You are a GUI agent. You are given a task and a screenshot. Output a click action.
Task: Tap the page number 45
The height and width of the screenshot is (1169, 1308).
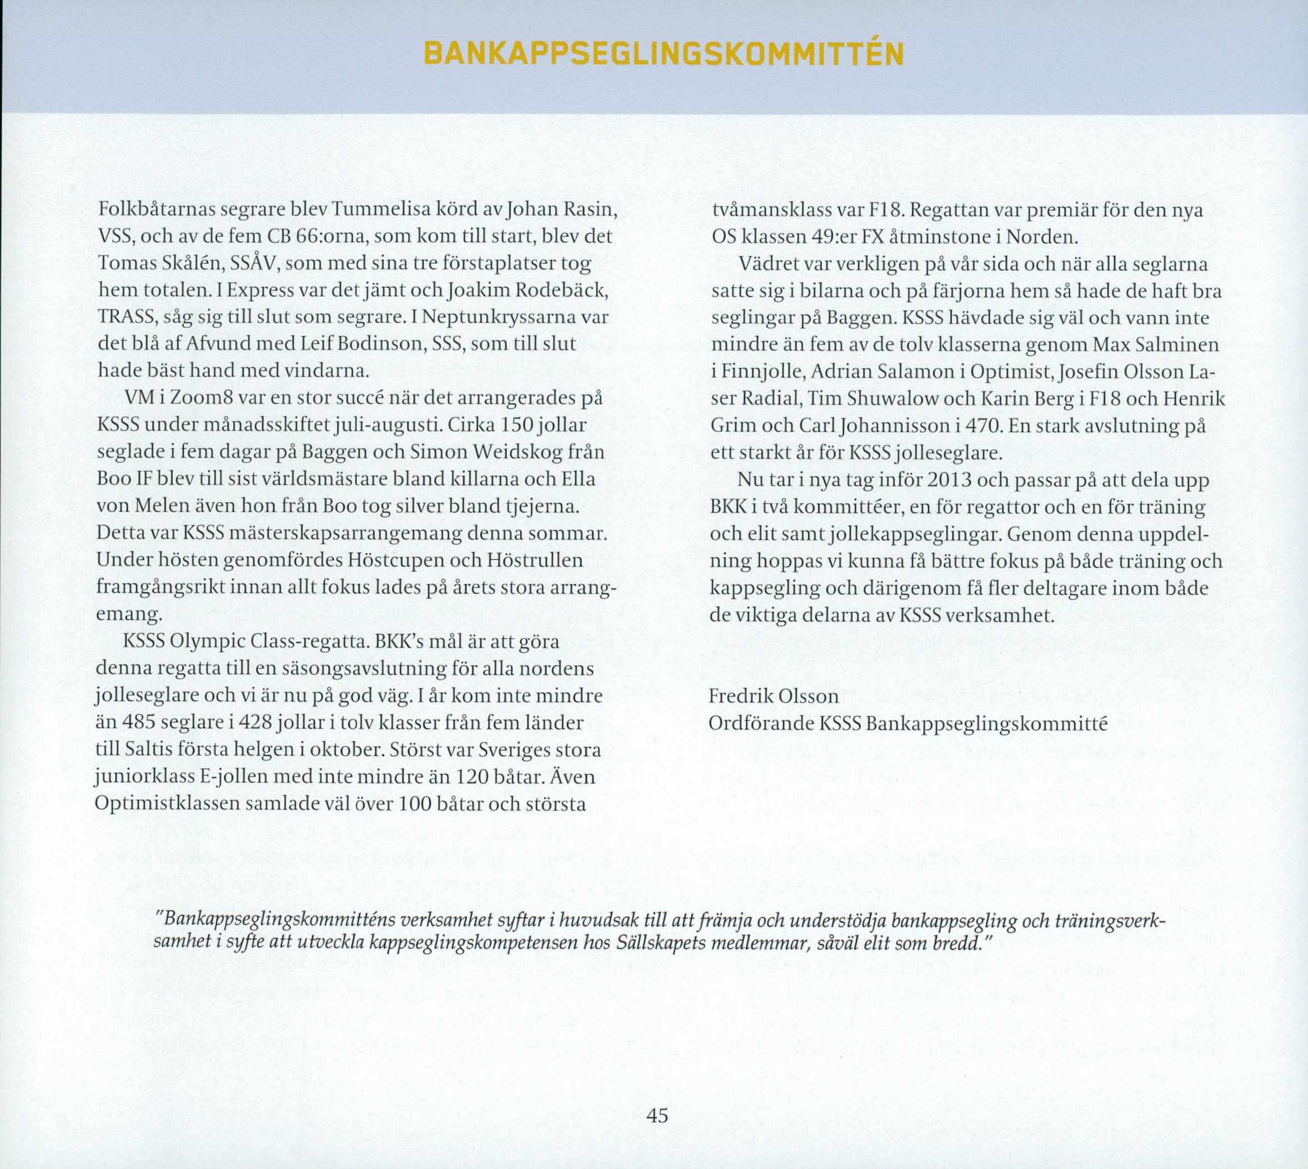tap(657, 1115)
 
